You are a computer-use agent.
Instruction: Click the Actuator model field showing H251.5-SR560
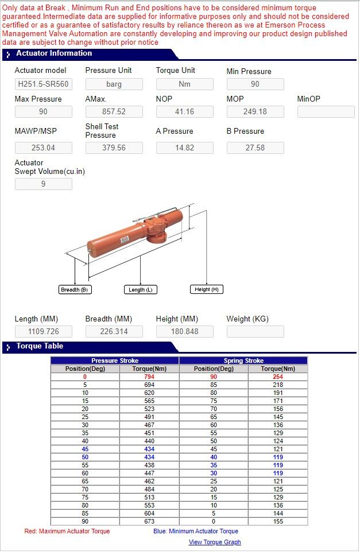[44, 84]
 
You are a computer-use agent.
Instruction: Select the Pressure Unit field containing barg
[114, 84]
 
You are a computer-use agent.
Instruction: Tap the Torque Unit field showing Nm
[185, 84]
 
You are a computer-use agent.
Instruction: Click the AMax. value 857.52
[114, 111]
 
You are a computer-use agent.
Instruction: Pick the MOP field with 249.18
[256, 111]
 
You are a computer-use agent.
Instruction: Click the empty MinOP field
[326, 111]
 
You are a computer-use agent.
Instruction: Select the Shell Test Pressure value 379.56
[114, 148]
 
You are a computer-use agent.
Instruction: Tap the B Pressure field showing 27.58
[256, 148]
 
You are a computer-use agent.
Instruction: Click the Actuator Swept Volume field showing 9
[44, 184]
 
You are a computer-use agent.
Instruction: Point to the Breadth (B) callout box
[75, 290]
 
